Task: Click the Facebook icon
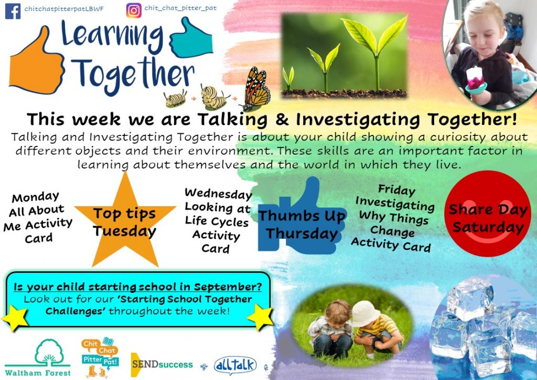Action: [13, 11]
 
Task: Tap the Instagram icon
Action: [134, 10]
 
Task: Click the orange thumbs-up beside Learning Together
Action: [36, 61]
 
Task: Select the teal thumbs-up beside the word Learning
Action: [191, 38]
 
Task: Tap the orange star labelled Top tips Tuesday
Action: [125, 219]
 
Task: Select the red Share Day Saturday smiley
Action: [488, 214]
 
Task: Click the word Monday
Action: [36, 197]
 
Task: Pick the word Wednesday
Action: [218, 194]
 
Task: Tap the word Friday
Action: [396, 189]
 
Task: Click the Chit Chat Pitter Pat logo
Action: [100, 357]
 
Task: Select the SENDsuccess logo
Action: [162, 365]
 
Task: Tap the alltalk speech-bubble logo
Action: [235, 365]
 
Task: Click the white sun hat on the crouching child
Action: [365, 313]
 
